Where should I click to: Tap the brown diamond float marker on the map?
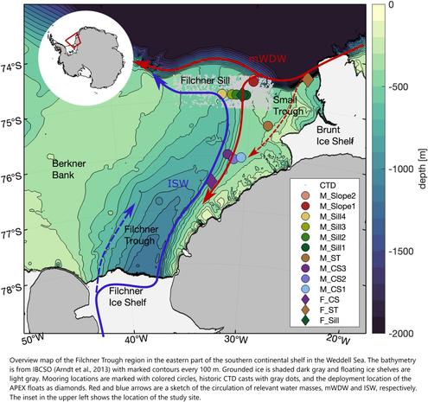(x=307, y=80)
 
